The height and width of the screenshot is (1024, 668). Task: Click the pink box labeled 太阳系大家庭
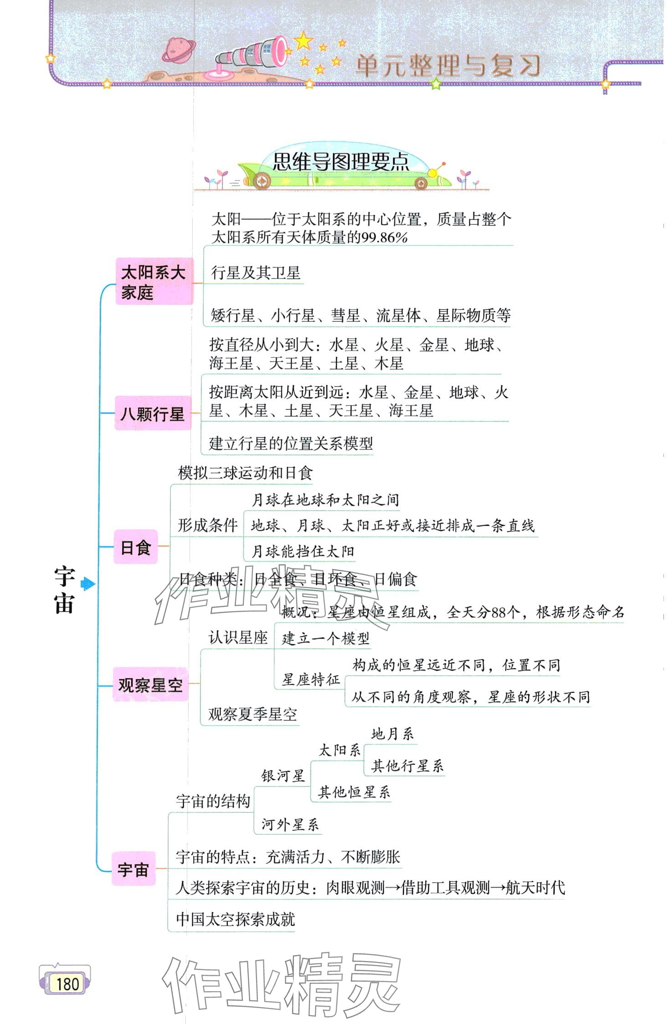pyautogui.click(x=154, y=281)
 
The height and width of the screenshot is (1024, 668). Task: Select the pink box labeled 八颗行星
pyautogui.click(x=152, y=414)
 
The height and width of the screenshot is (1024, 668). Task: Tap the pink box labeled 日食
pyautogui.click(x=135, y=547)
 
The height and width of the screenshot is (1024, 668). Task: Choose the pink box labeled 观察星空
pyautogui.click(x=150, y=684)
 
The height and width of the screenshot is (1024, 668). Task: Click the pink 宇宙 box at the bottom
pyautogui.click(x=133, y=869)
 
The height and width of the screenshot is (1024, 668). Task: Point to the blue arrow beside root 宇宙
pyautogui.click(x=87, y=584)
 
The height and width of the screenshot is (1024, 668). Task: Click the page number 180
pyautogui.click(x=67, y=983)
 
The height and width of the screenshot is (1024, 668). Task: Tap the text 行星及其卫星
pyautogui.click(x=256, y=273)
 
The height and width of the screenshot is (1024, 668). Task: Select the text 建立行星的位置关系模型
pyautogui.click(x=291, y=443)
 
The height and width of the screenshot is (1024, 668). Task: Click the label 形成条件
pyautogui.click(x=207, y=525)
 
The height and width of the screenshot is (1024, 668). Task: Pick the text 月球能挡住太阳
pyautogui.click(x=303, y=552)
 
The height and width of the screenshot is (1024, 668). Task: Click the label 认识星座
pyautogui.click(x=238, y=637)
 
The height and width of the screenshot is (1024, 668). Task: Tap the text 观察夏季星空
pyautogui.click(x=252, y=714)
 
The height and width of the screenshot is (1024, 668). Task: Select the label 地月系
pyautogui.click(x=392, y=734)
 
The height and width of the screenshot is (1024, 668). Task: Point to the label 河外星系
pyautogui.click(x=290, y=824)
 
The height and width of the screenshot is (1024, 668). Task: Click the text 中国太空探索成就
pyautogui.click(x=236, y=919)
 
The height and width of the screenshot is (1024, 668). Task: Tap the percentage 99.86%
pyautogui.click(x=384, y=238)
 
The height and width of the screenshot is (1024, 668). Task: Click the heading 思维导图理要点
pyautogui.click(x=341, y=162)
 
